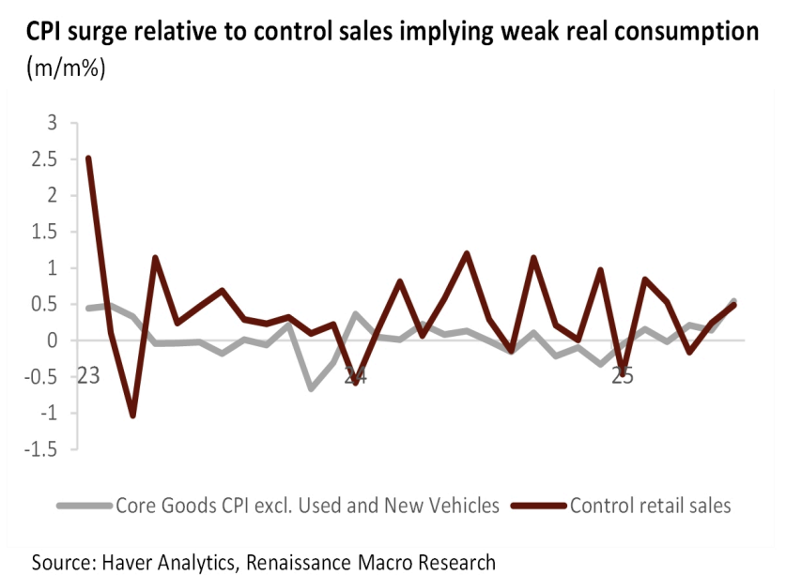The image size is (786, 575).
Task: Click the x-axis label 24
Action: (x=354, y=377)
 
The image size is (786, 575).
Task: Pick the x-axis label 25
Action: (x=622, y=377)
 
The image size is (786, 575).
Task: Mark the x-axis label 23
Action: (x=89, y=377)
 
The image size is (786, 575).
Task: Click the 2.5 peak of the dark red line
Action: (x=88, y=158)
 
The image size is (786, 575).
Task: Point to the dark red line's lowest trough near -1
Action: (x=133, y=416)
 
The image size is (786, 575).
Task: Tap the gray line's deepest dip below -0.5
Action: (x=311, y=388)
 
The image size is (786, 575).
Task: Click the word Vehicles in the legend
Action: (x=464, y=506)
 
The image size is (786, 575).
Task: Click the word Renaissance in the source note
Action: (x=312, y=562)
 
